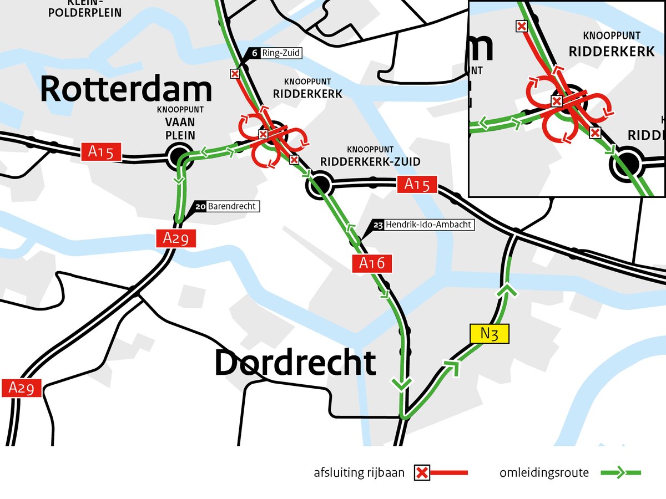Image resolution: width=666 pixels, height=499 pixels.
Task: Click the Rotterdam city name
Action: [x=126, y=89]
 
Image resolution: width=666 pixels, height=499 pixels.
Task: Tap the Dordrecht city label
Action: [x=295, y=363]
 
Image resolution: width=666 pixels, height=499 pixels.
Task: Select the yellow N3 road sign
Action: [x=488, y=334]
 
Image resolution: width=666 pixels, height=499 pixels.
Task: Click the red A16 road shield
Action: [x=372, y=263]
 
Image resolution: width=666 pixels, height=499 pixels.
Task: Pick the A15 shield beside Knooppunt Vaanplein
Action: [x=101, y=152]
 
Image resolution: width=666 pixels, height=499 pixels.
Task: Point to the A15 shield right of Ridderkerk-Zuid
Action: [x=417, y=185]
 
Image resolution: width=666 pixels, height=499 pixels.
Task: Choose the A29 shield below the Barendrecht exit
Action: [x=176, y=238]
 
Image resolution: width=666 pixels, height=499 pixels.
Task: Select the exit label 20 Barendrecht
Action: [x=227, y=206]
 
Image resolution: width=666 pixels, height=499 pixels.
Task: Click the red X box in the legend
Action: [x=422, y=473]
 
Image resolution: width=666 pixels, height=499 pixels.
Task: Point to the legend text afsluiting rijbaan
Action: [x=359, y=473]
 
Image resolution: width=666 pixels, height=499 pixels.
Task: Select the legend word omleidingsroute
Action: [x=544, y=473]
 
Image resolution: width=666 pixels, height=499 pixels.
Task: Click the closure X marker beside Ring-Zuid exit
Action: [x=235, y=74]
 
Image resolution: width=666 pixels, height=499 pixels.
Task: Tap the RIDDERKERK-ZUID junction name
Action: [x=370, y=161]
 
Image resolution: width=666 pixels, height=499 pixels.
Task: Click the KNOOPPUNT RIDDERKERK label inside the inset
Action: [x=612, y=44]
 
